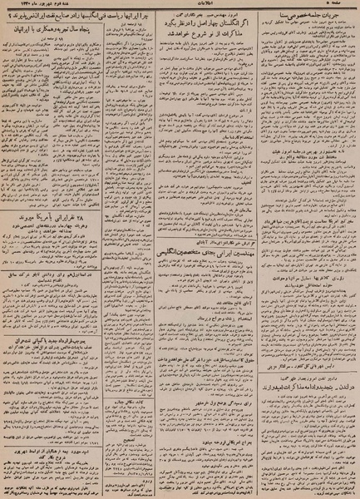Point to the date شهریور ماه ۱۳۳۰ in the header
(33, 7)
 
